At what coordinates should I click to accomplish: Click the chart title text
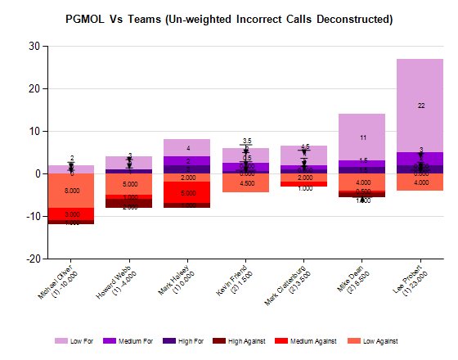tap(228, 18)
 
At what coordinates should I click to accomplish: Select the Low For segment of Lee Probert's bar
tap(420, 106)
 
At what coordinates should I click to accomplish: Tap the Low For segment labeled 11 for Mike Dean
tap(362, 137)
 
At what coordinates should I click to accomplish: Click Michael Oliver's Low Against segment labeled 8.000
tap(71, 191)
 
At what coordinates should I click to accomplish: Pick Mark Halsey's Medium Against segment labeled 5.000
tap(187, 192)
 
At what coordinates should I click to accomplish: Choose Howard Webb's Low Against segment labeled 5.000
tap(129, 184)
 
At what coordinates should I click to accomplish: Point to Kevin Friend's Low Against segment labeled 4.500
tap(245, 183)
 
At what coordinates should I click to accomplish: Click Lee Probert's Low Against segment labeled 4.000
tap(420, 182)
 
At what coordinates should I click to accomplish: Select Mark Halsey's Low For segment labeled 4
tap(187, 147)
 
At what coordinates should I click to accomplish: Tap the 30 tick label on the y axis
tap(34, 47)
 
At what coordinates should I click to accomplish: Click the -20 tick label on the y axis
tap(32, 259)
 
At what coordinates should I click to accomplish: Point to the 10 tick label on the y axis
tap(34, 131)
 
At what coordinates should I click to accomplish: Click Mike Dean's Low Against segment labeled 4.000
tap(362, 182)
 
